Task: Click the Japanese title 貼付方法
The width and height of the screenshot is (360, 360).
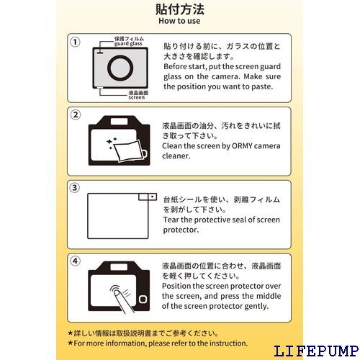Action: [180, 9]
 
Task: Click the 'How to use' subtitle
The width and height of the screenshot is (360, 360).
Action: [180, 21]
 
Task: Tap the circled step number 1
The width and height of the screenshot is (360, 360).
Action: [75, 42]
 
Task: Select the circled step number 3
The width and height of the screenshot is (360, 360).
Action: [75, 188]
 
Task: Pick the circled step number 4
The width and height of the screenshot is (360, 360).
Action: [75, 261]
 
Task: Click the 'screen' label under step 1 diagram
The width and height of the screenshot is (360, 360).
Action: [137, 97]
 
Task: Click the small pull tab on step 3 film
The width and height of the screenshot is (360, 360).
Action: [149, 196]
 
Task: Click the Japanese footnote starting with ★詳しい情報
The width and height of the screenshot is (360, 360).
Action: [137, 333]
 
